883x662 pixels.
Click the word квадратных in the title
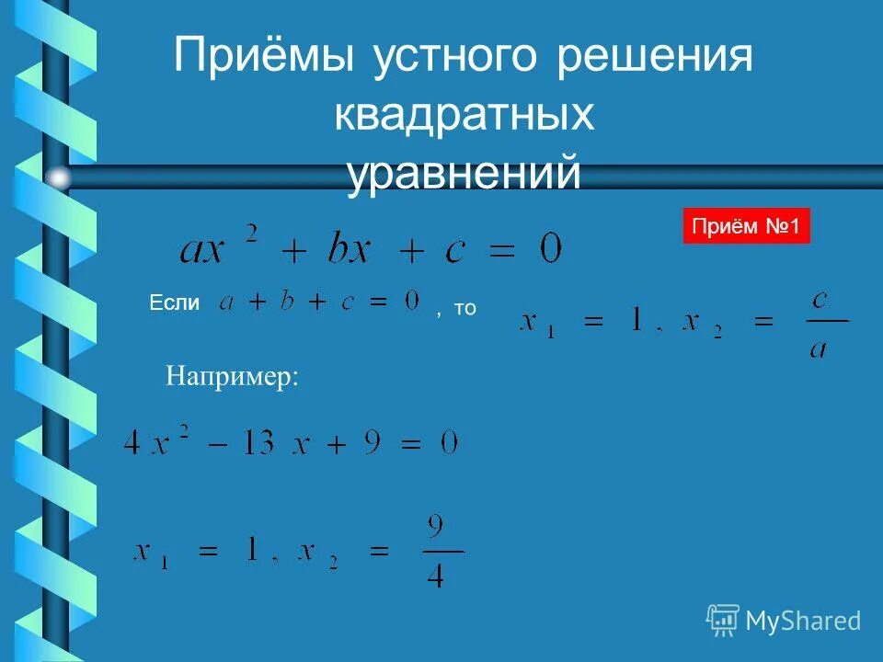(x=464, y=117)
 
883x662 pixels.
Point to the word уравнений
(x=464, y=174)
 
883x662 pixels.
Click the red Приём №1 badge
(x=746, y=226)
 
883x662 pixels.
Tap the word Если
(x=174, y=303)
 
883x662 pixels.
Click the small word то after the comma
(x=464, y=309)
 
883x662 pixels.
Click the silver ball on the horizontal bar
(x=59, y=177)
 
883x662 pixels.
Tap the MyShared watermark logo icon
(x=723, y=620)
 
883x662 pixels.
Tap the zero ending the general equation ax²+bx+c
(x=550, y=248)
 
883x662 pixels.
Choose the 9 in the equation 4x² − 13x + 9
(x=372, y=444)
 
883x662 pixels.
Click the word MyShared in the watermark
(x=803, y=622)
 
